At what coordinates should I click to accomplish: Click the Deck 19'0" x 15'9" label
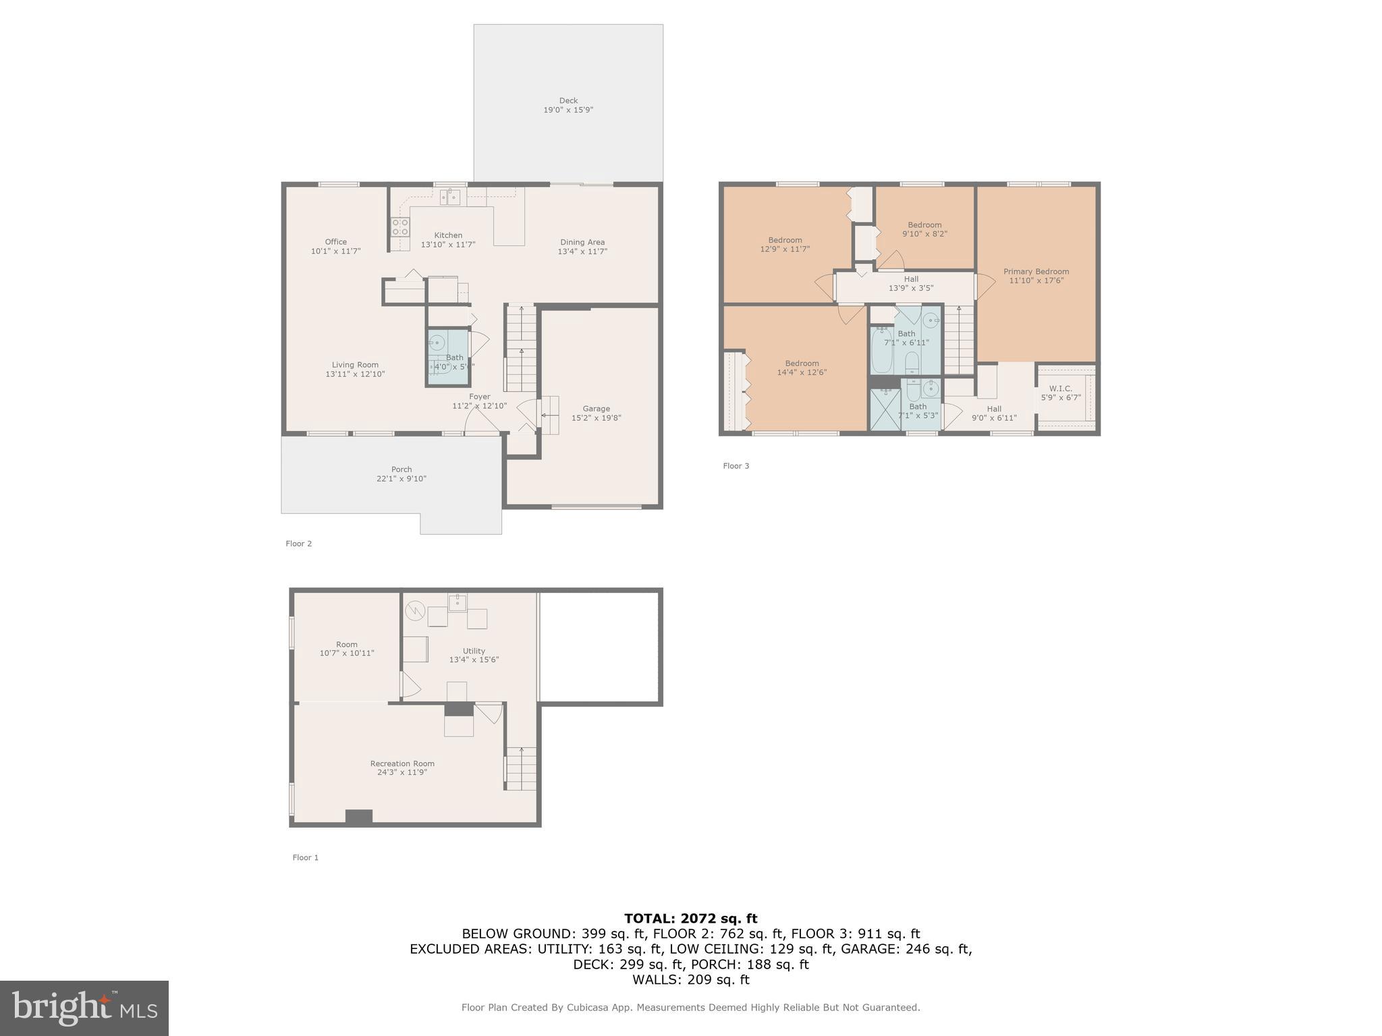coord(568,105)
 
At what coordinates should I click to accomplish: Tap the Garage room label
coord(596,413)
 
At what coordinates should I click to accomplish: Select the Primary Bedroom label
coord(1036,276)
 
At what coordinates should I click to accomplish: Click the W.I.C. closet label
coord(1061,393)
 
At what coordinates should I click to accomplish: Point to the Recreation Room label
coord(402,768)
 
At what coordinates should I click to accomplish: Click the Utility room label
coord(474,656)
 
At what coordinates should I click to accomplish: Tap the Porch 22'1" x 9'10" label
coord(402,474)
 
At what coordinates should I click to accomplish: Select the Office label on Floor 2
coord(335,246)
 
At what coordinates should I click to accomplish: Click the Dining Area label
coord(582,247)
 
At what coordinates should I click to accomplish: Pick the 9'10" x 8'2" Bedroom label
coord(924,229)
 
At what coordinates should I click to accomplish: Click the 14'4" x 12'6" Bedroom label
coord(802,368)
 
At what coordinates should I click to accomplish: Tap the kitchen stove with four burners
coord(400,227)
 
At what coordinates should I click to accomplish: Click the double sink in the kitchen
coord(450,197)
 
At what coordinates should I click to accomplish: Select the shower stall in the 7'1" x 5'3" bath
coord(885,409)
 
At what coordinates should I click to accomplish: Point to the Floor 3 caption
coord(736,466)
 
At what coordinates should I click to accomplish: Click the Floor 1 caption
coord(305,858)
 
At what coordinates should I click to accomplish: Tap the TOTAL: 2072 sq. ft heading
coord(690,918)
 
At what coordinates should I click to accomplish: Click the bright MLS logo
coord(84,1008)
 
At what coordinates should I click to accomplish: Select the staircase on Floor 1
coord(521,768)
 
